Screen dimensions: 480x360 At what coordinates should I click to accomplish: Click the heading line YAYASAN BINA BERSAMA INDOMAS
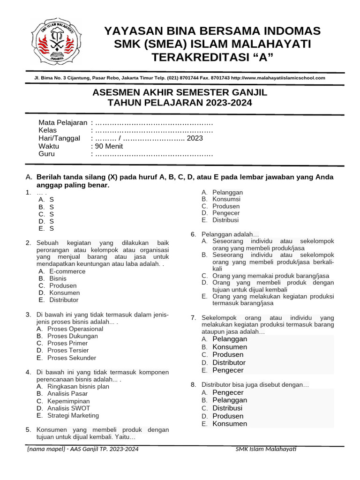click(x=212, y=31)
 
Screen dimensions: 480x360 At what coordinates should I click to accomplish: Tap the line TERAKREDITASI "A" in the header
click(x=212, y=57)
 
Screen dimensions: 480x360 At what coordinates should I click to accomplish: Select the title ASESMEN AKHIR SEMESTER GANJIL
click(x=180, y=92)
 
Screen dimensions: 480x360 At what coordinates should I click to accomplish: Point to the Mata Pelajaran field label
click(x=63, y=122)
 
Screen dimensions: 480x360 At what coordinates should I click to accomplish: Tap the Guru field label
click(x=47, y=154)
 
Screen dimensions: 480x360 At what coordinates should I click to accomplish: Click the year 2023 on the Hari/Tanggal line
click(x=195, y=138)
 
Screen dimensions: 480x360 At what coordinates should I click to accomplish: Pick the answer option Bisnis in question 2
click(x=58, y=278)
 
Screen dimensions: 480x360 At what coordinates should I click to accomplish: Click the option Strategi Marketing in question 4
click(x=73, y=415)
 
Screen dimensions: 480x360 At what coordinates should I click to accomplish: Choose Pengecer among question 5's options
click(x=226, y=213)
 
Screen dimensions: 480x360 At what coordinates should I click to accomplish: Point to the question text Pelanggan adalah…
click(x=230, y=234)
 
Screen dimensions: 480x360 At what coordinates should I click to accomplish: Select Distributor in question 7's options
click(x=229, y=362)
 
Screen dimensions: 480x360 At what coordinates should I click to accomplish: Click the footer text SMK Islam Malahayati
click(x=266, y=449)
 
